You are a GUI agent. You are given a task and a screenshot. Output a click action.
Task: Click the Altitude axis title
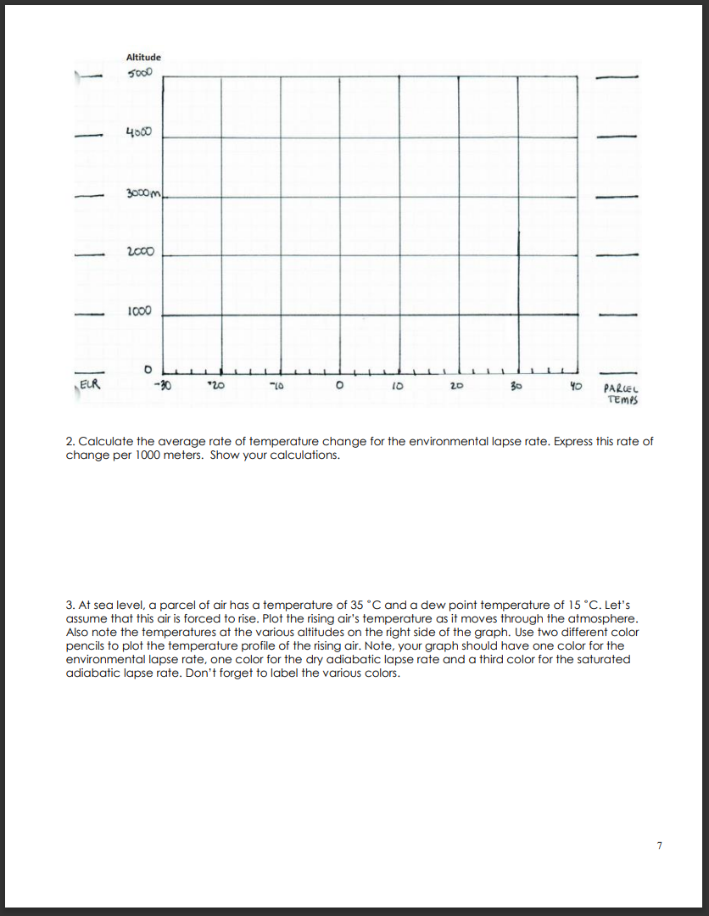(142, 57)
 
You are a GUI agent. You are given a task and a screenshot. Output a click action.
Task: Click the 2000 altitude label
(139, 254)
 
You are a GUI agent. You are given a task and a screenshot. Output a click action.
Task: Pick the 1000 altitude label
(140, 311)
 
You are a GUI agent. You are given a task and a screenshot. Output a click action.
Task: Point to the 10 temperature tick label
(397, 384)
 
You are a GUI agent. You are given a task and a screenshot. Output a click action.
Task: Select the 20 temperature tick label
(456, 384)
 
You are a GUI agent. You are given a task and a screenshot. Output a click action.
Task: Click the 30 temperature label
(514, 384)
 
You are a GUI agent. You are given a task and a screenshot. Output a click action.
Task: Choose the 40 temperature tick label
(575, 384)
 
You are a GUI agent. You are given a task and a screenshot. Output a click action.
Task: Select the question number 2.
(70, 443)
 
